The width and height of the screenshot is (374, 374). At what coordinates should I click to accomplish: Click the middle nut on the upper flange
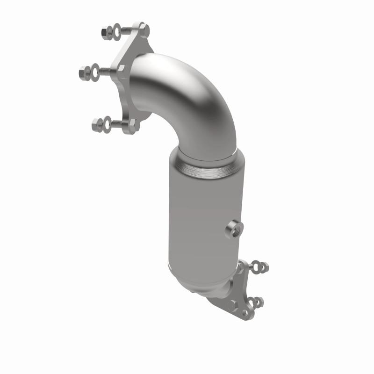pyautogui.click(x=84, y=72)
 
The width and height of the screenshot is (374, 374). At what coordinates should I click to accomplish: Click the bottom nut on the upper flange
pyautogui.click(x=97, y=125)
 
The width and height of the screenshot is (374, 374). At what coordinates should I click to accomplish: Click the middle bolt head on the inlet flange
pyautogui.click(x=121, y=69)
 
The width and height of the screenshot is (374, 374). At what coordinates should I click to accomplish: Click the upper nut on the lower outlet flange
pyautogui.click(x=265, y=267)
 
